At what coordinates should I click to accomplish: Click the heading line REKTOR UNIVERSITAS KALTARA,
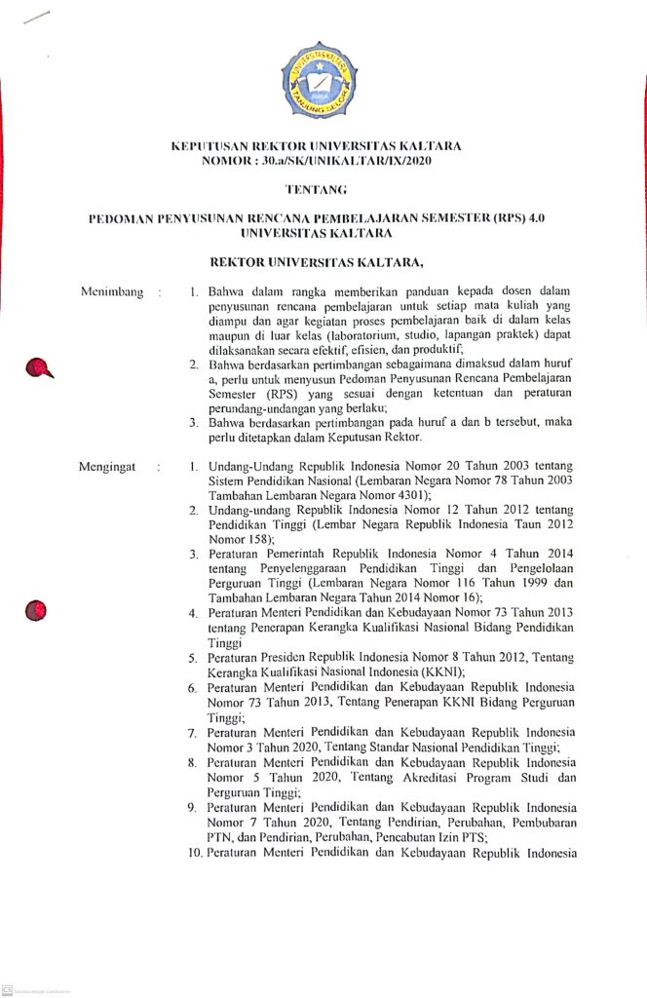click(323, 262)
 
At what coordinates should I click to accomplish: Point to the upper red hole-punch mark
click(40, 367)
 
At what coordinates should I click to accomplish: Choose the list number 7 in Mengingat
click(194, 732)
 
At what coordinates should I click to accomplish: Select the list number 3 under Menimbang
click(195, 422)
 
